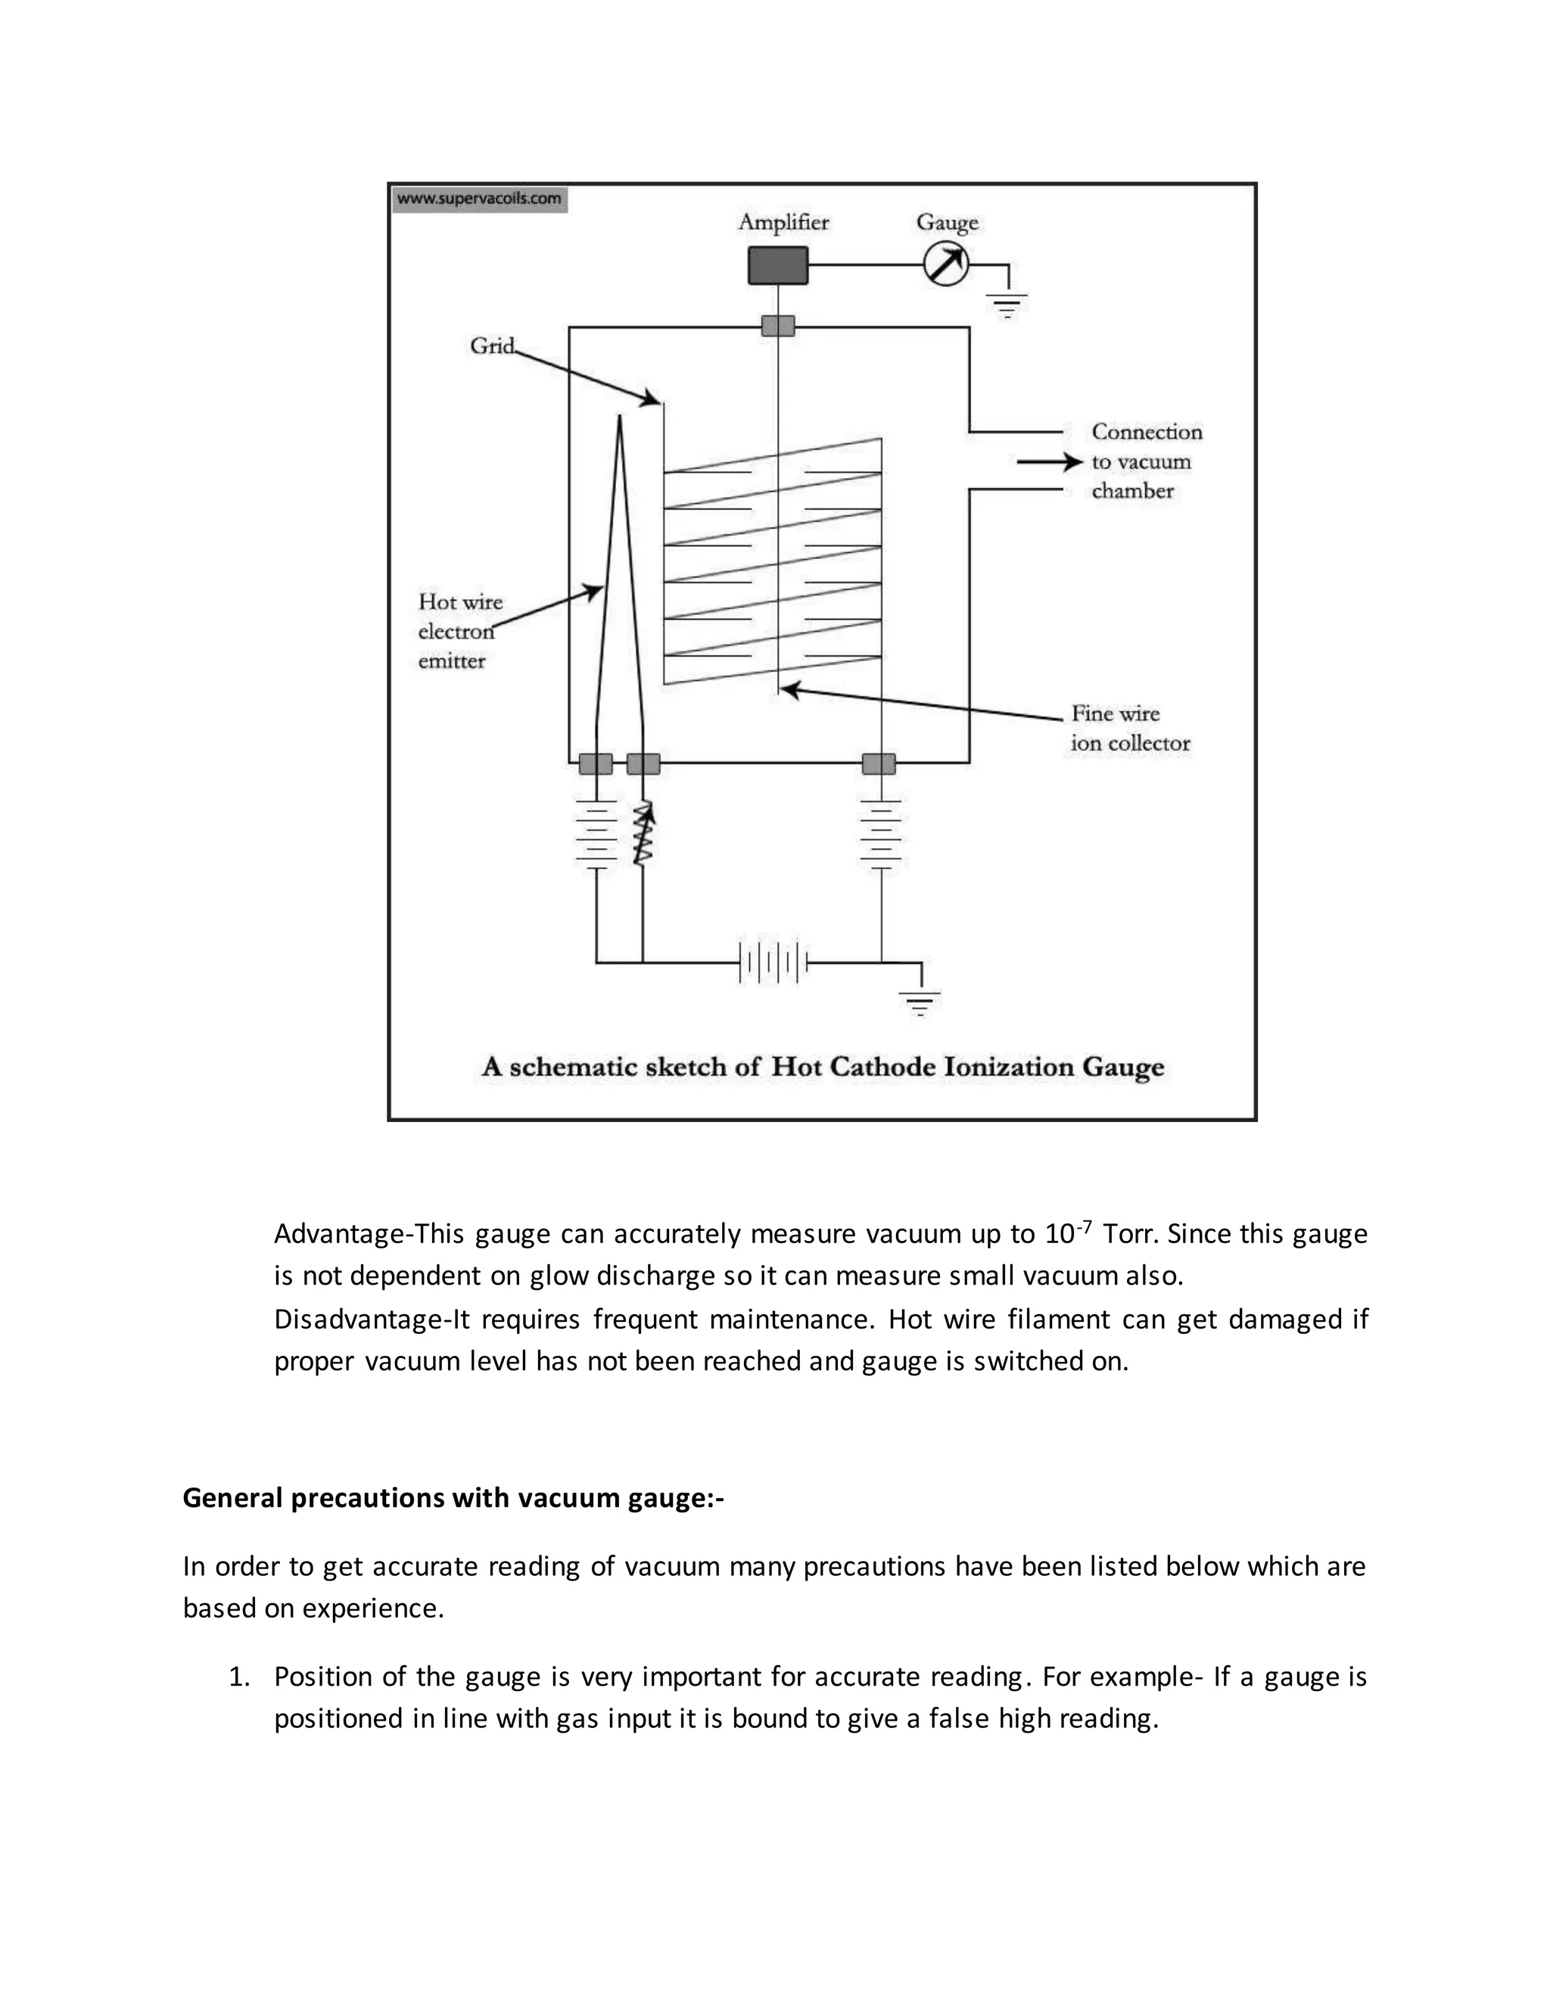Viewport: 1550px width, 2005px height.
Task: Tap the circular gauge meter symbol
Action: [x=946, y=266]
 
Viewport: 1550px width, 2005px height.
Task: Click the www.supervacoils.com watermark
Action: [x=479, y=199]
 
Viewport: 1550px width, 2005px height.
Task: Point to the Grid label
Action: [x=492, y=346]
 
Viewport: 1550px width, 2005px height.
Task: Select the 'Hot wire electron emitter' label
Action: [x=459, y=632]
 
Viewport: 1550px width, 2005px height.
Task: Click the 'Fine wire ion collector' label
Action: [x=1129, y=728]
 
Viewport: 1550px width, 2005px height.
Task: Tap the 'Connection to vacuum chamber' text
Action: [x=1146, y=461]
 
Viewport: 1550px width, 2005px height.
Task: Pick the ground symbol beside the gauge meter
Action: [x=1007, y=305]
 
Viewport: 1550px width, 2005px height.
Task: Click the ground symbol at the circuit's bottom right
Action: [x=920, y=1003]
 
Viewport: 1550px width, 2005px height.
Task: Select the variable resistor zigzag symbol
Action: [x=644, y=834]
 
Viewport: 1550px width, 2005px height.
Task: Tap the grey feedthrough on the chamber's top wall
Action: [x=778, y=326]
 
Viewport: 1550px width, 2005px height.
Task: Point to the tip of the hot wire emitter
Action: [x=620, y=418]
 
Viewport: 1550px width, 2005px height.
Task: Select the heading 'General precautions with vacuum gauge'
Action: [x=453, y=1497]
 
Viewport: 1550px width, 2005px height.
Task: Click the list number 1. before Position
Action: [x=238, y=1677]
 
